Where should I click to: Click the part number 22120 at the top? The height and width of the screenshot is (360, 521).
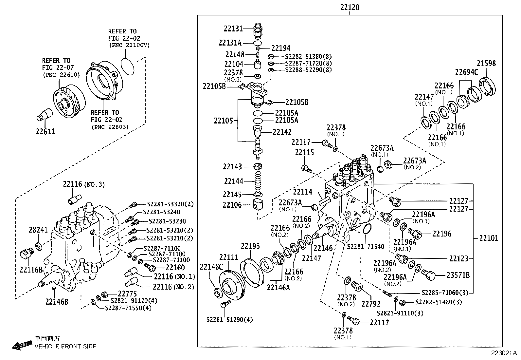[350, 7]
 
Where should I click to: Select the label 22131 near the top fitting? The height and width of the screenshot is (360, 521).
[233, 28]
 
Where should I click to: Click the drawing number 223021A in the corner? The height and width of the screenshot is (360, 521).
[503, 353]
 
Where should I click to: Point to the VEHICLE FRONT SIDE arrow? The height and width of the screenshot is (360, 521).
[21, 345]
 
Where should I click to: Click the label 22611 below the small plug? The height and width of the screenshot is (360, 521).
[45, 132]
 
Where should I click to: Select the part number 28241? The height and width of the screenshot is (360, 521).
[38, 230]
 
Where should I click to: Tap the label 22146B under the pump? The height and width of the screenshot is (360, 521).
[57, 302]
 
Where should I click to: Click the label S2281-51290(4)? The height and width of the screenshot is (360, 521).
[230, 319]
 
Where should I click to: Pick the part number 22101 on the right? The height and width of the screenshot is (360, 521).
[489, 238]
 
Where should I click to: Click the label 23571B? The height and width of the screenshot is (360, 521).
[458, 275]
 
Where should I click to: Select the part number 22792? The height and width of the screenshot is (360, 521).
[371, 304]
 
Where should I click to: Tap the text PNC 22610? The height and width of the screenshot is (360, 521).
[61, 75]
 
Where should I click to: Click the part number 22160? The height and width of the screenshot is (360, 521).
[175, 268]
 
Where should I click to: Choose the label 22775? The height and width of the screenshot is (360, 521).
[127, 294]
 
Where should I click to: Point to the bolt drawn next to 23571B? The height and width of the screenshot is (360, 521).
[429, 274]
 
